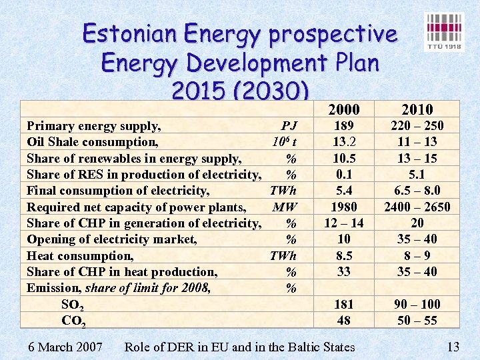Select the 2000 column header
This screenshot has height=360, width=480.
[x=344, y=109]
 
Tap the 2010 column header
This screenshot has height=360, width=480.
[x=417, y=109]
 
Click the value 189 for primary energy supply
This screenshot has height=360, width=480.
[x=344, y=125]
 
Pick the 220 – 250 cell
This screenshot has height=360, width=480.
[x=417, y=125]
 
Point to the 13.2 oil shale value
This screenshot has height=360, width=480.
[x=344, y=141]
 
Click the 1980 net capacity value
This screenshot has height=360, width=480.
[x=344, y=207]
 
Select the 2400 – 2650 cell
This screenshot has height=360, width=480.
[x=417, y=207]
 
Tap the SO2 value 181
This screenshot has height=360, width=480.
[x=344, y=304]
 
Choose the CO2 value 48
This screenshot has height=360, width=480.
[x=344, y=320]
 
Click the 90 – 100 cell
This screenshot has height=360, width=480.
[x=417, y=304]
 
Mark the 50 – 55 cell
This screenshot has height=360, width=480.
[x=417, y=320]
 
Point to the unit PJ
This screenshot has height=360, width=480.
[x=289, y=125]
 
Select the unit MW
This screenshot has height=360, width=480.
[x=285, y=207]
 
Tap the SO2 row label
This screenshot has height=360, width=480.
[x=73, y=305]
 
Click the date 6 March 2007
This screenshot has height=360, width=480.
[x=66, y=347]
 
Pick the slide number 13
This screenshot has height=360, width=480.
[x=453, y=347]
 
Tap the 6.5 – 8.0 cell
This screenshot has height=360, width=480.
[x=417, y=190]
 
